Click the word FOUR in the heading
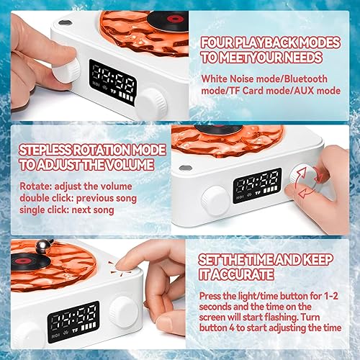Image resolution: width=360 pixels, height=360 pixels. tap(217, 42)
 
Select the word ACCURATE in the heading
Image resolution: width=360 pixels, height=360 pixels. tap(243, 274)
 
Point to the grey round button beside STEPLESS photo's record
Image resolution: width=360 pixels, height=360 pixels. tap(186, 168)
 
